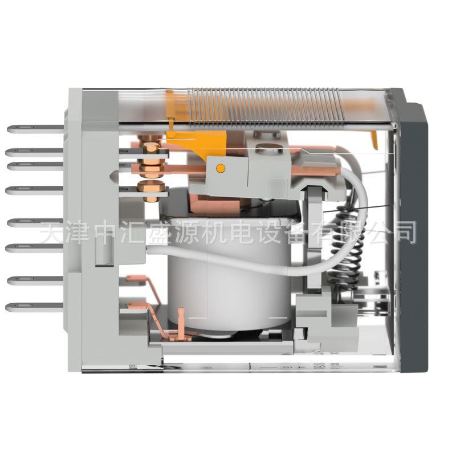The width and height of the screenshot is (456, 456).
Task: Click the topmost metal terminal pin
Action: (34, 129)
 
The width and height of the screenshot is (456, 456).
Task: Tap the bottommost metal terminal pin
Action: (34, 307)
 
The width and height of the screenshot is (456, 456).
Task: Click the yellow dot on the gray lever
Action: (220, 168)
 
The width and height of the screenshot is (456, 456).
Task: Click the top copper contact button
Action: (150, 148)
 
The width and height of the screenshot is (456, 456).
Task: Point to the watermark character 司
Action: (404, 232)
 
